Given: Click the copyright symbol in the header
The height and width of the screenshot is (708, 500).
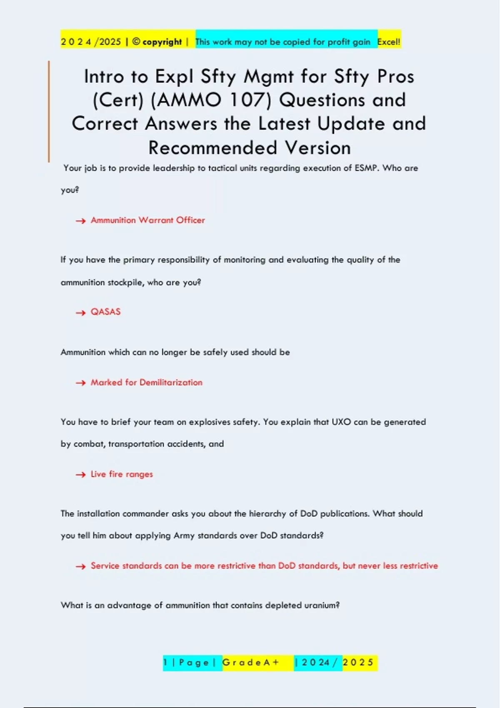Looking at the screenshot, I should [136, 42].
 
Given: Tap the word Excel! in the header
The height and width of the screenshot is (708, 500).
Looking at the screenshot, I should [389, 42].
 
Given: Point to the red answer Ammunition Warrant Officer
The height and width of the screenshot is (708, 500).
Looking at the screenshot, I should [148, 220].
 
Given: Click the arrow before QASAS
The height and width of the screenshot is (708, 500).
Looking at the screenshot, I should [80, 312].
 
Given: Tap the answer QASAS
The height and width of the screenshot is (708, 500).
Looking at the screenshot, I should [106, 312].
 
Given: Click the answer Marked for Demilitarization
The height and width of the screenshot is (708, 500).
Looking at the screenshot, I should [147, 382].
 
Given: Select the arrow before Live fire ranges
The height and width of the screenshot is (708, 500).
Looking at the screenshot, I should [80, 475].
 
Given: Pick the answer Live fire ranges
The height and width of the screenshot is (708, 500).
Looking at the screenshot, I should [122, 474].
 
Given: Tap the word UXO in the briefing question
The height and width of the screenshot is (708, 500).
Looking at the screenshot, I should [341, 422].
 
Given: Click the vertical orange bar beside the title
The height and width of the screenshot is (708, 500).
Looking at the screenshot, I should [49, 111].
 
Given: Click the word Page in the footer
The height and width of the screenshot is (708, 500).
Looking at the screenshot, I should [194, 662].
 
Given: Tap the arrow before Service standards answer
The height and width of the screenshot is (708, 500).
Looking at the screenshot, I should [80, 566].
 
